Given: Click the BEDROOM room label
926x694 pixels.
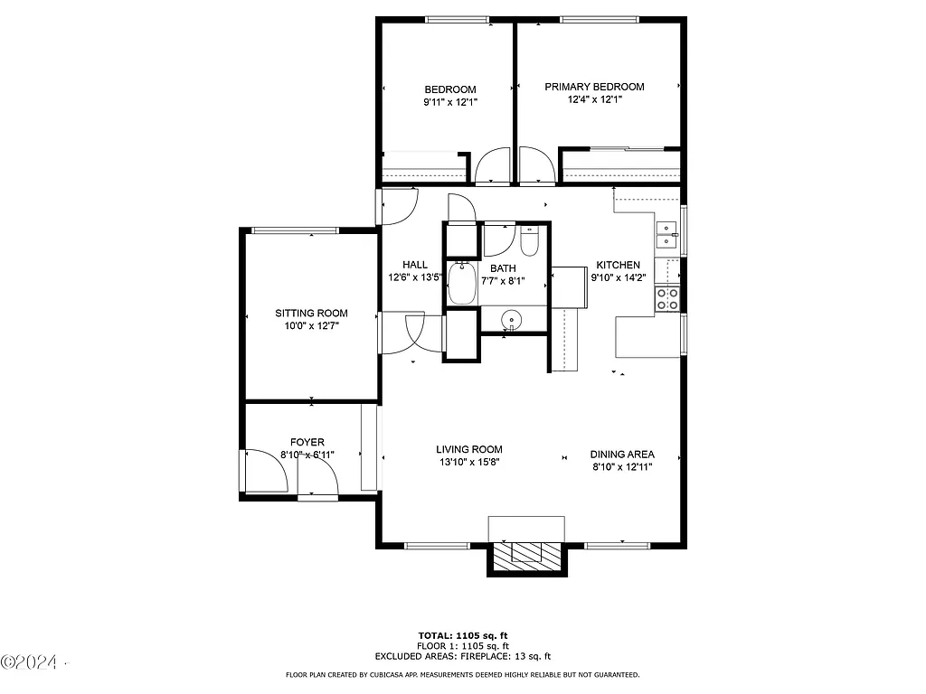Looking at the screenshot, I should [x=450, y=89].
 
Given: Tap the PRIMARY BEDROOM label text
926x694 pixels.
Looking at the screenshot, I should [x=594, y=87].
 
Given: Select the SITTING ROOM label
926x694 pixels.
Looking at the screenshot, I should [x=311, y=314].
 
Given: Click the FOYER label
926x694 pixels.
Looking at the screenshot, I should [x=307, y=442].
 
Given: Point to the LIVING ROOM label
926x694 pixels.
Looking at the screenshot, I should [x=468, y=449].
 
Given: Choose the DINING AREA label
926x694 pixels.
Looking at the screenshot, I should [x=622, y=455].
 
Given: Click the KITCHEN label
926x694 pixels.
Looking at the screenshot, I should [x=618, y=266].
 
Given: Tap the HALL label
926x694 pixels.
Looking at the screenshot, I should [x=415, y=265].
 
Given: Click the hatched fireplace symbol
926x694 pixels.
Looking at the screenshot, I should [x=526, y=553].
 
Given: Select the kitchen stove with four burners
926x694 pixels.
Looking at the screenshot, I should [x=668, y=299].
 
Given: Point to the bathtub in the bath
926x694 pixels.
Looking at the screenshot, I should [x=463, y=283].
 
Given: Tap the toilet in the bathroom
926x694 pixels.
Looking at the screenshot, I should [x=530, y=242].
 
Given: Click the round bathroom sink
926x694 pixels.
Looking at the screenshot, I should [x=513, y=319].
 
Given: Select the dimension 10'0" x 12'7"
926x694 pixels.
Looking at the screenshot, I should [x=311, y=327].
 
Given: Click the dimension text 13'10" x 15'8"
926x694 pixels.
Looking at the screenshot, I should [x=468, y=463].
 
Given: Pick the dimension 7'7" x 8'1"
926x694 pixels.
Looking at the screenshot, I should [x=503, y=281].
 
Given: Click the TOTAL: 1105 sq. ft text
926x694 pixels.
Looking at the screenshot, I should [x=462, y=635].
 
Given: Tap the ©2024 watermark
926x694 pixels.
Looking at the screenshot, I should [x=29, y=663].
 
